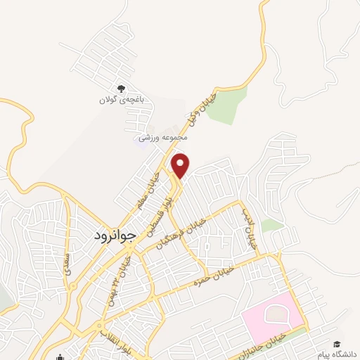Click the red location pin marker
(x=181, y=165)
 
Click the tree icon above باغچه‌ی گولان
(x=121, y=89)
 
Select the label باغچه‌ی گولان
(x=121, y=101)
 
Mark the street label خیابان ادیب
(x=247, y=229)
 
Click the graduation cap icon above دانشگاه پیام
(x=336, y=344)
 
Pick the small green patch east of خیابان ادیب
(x=271, y=226)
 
